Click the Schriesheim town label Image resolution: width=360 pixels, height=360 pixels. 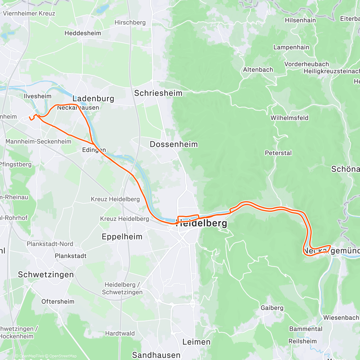(x=158, y=93)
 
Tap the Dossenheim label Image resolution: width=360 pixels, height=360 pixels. (x=174, y=144)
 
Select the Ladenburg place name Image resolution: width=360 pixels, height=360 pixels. (x=93, y=98)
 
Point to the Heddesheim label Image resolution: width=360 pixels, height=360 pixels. (x=83, y=33)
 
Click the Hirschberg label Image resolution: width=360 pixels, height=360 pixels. (x=130, y=22)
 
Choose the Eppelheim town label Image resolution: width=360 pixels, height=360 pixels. (x=122, y=237)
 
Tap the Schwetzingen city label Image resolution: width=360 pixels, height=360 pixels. (x=46, y=274)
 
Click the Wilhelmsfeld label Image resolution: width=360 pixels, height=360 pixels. (x=289, y=118)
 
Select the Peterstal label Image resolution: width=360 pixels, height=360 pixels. (x=278, y=153)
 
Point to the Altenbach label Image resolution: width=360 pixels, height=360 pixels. (x=258, y=70)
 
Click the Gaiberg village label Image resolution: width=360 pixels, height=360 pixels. (x=272, y=308)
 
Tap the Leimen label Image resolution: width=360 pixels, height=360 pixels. (x=196, y=342)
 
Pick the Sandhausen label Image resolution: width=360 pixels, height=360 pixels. (x=156, y=355)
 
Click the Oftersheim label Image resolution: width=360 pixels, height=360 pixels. (x=58, y=301)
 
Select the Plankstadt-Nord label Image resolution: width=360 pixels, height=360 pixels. (x=50, y=244)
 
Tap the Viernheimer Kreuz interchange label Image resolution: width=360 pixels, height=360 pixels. (x=29, y=13)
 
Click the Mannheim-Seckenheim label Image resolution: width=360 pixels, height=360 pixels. (x=38, y=142)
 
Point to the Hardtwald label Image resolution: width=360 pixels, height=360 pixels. (x=120, y=333)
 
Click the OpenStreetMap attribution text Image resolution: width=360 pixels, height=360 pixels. (x=63, y=356)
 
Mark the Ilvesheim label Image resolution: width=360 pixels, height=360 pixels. (x=37, y=96)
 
